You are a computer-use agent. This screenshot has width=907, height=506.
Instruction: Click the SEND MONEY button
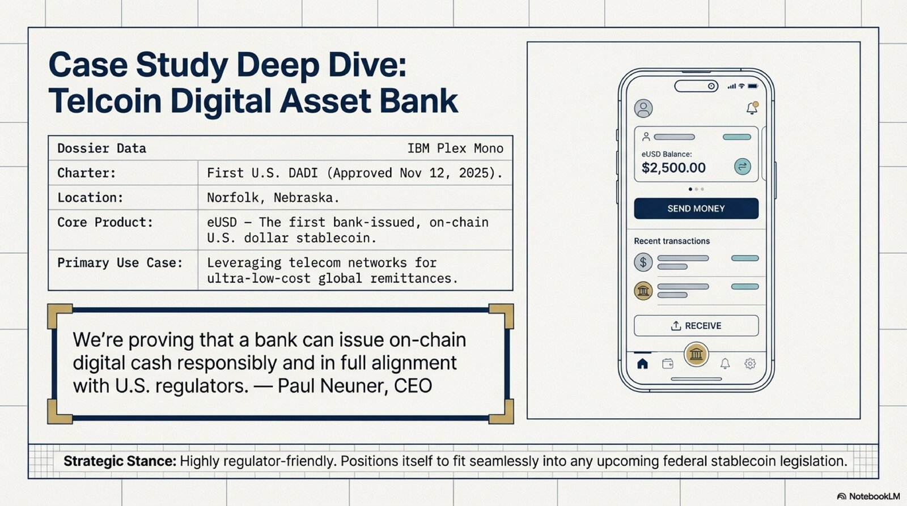(696, 209)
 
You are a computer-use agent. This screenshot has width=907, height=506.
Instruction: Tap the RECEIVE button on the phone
(696, 326)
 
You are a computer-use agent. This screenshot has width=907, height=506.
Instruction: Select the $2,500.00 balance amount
(673, 168)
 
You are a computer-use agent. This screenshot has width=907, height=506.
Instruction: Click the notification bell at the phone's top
(752, 108)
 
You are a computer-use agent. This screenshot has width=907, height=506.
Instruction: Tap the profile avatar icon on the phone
(643, 108)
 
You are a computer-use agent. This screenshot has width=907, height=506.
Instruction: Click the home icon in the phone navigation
(642, 364)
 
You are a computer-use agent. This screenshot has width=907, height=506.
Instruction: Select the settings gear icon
(750, 364)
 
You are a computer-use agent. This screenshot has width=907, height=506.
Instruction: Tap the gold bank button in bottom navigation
(696, 355)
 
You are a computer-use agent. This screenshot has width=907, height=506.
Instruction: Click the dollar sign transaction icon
(643, 262)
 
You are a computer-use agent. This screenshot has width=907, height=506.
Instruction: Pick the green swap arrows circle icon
(742, 167)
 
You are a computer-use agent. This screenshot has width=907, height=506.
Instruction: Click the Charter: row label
(86, 173)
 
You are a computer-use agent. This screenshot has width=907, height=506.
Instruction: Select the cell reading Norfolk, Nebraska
(273, 198)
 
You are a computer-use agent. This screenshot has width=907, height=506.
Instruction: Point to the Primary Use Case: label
(120, 263)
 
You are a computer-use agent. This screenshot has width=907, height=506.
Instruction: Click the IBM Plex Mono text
(455, 148)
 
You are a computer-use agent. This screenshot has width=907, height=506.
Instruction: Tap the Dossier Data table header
(101, 148)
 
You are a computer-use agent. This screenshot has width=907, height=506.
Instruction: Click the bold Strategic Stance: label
(120, 461)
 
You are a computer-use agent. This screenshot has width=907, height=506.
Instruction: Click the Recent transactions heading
(672, 241)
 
